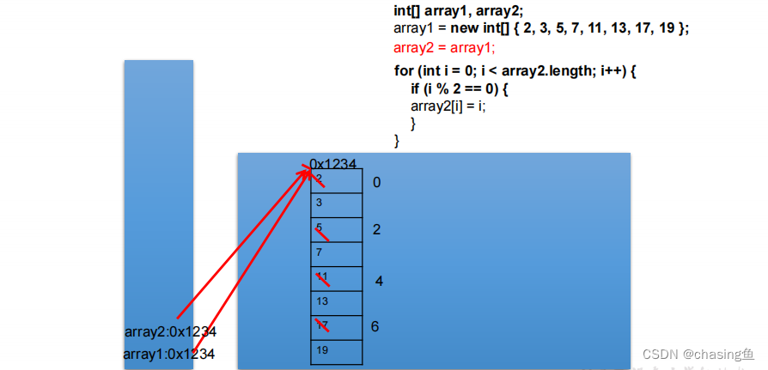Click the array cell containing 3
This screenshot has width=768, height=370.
[337, 204]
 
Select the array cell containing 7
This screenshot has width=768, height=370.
[337, 253]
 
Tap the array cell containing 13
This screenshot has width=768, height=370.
[337, 302]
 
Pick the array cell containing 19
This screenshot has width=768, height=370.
[337, 351]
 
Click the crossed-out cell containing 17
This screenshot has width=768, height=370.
[337, 326]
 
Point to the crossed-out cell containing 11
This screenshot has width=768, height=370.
[337, 277]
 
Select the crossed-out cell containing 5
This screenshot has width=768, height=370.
[337, 229]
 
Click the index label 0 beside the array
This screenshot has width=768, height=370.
[376, 183]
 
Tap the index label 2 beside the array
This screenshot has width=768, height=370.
[376, 230]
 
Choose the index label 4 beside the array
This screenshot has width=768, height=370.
[379, 281]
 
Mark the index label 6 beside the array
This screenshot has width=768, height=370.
[375, 326]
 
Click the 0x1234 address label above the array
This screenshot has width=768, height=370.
[333, 163]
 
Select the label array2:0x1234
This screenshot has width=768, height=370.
[170, 332]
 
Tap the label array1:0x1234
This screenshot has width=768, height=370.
[168, 354]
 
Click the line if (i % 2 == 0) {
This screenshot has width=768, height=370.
[460, 88]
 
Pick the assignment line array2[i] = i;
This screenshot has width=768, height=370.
[448, 106]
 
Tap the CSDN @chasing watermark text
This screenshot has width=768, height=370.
[698, 354]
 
